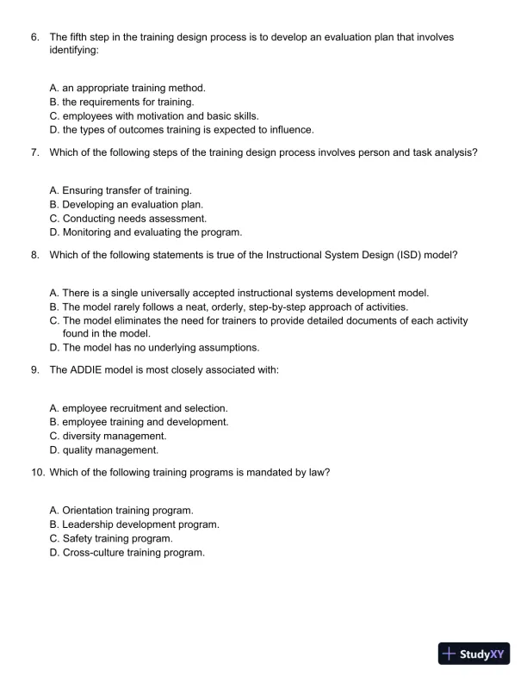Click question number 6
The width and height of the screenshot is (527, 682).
(34, 37)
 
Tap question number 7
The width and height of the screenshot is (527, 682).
(34, 152)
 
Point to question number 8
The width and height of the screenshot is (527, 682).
(34, 255)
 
